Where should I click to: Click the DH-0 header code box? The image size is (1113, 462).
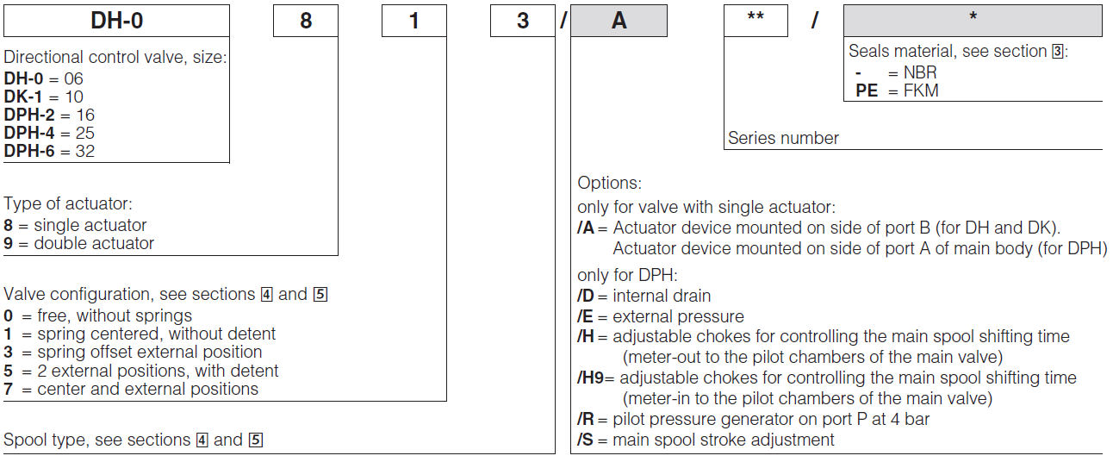[116, 21]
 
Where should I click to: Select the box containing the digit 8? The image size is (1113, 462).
[305, 21]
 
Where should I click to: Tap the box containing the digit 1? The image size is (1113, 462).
[413, 21]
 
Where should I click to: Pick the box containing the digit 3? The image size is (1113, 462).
[522, 21]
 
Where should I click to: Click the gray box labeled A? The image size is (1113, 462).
[619, 21]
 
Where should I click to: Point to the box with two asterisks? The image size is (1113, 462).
[755, 21]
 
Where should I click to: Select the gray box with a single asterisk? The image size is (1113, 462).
[973, 21]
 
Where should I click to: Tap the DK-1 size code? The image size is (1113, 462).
[22, 97]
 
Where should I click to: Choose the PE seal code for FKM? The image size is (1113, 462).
[867, 91]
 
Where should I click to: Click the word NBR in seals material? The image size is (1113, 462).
[919, 73]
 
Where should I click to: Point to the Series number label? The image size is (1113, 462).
[783, 138]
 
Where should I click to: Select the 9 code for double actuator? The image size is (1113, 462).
[9, 243]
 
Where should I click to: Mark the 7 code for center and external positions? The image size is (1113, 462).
[9, 389]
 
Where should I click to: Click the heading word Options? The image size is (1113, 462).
[609, 184]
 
